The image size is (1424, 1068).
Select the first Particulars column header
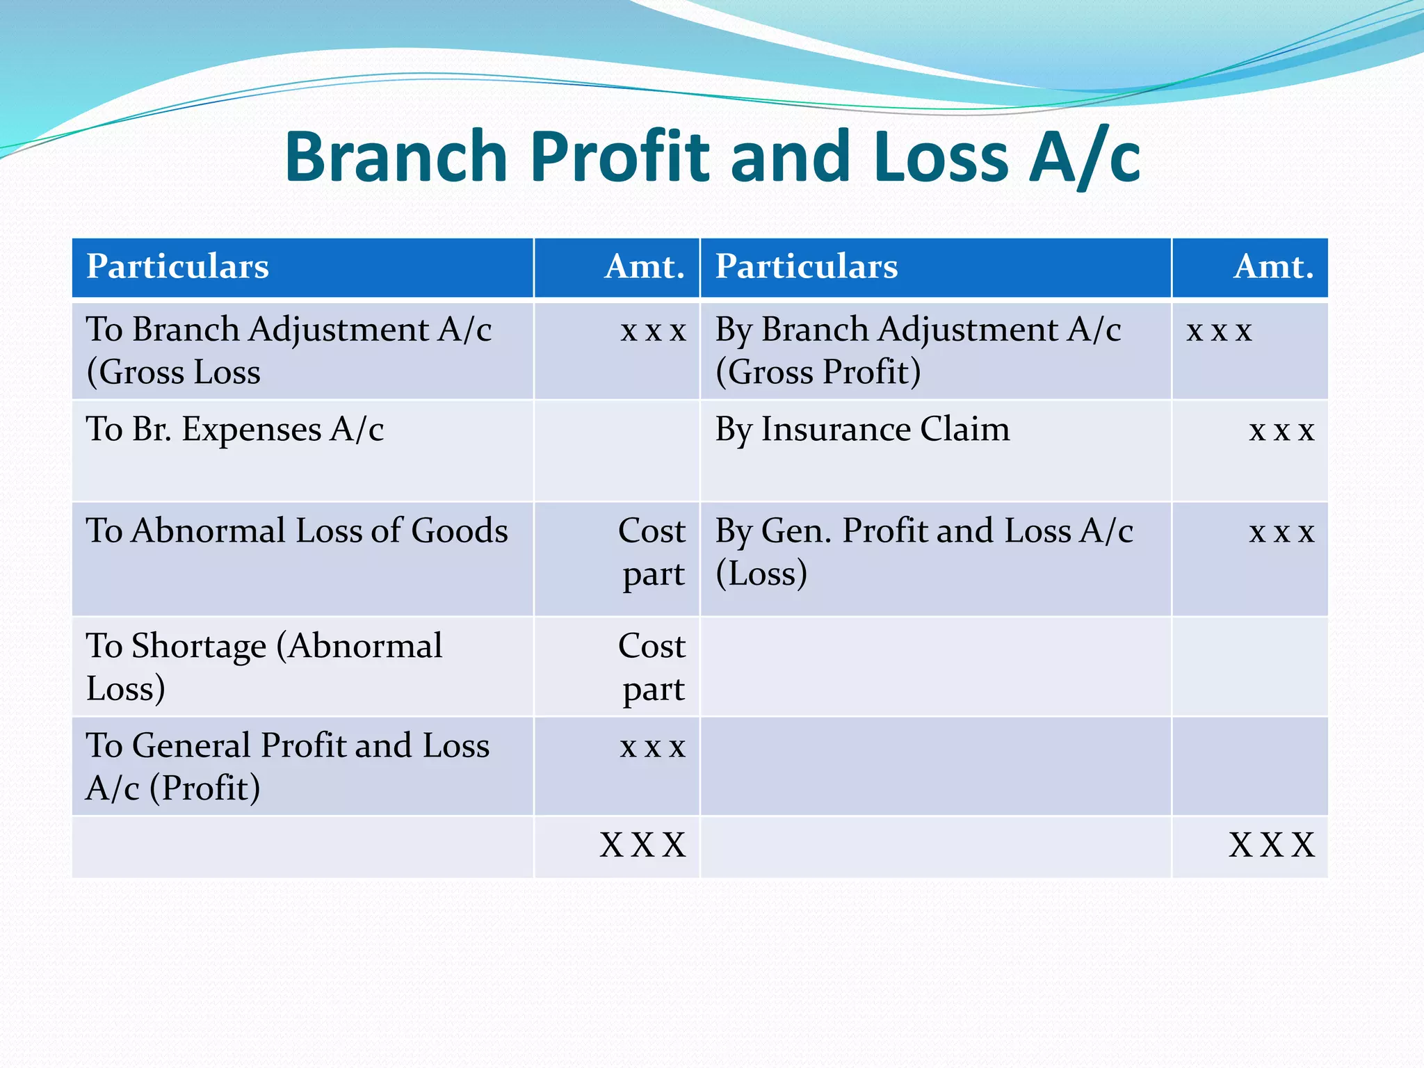[177, 266]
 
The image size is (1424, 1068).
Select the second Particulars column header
[807, 266]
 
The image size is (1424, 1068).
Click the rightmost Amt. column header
[1273, 266]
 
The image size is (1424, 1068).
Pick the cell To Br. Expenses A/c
[234, 429]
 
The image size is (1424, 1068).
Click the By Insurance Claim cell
[862, 429]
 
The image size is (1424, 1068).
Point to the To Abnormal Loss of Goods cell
[297, 531]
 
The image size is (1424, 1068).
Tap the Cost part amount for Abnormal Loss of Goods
[652, 552]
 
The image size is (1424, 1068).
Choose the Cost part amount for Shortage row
[652, 667]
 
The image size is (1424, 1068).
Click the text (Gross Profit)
[818, 372]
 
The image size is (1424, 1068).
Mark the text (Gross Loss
[173, 372]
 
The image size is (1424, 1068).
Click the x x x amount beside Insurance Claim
[1281, 431]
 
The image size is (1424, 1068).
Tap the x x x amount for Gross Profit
[1219, 331]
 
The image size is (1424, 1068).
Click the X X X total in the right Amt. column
[1272, 845]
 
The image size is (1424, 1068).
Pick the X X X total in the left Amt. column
[643, 845]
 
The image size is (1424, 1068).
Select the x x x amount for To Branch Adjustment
[653, 331]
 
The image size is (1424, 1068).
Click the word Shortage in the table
[199, 646]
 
